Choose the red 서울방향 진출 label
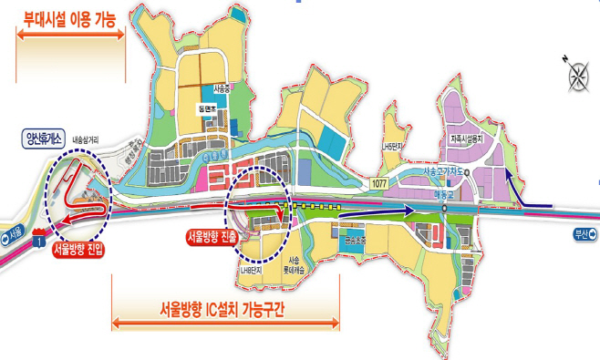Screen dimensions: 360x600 pyautogui.click(x=211, y=236)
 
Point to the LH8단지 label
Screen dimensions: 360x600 pyautogui.click(x=251, y=271)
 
